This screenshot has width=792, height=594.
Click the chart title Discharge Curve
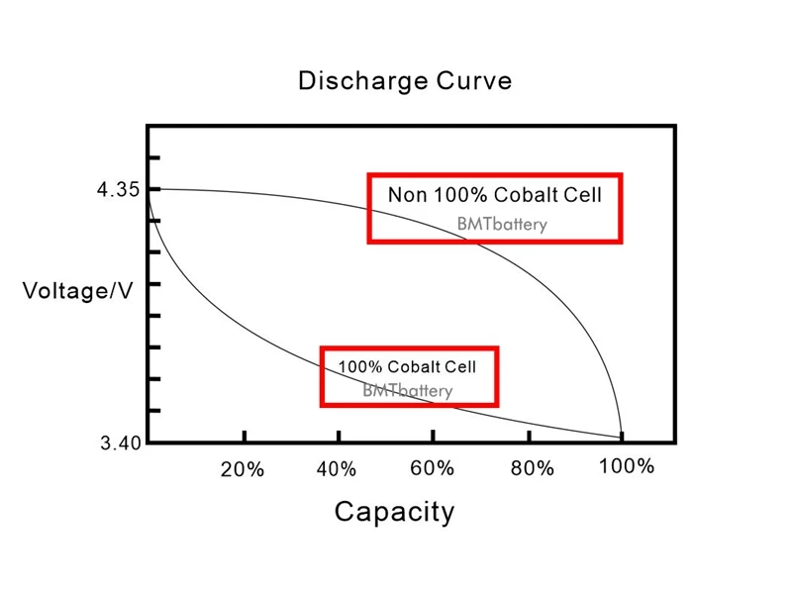pos(405,81)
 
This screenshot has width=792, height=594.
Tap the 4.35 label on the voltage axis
pos(118,190)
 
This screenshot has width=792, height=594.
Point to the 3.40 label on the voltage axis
pos(119,443)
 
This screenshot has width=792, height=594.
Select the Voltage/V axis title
pos(77,291)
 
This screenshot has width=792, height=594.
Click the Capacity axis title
pos(394,512)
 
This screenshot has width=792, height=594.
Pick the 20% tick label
pos(243,469)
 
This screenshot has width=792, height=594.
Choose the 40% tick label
pos(337,469)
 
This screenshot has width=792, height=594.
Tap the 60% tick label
pos(433,468)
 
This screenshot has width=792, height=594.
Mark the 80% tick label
pos(532,468)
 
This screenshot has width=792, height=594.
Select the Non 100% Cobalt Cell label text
pos(494,194)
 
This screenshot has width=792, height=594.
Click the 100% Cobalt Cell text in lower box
pos(407,367)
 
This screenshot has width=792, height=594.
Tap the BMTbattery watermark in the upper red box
pos(502,225)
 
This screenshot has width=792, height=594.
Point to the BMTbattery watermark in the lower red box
pos(407,390)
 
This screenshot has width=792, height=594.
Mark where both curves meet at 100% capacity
pos(622,435)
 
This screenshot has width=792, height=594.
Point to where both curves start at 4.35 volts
pos(148,189)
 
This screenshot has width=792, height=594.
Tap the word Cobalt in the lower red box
pos(412,367)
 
